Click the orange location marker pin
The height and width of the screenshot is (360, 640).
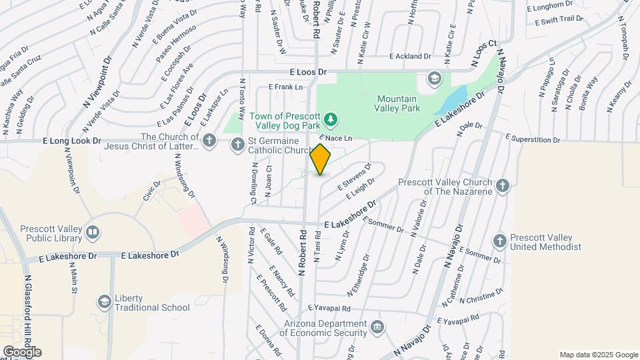[x=321, y=159]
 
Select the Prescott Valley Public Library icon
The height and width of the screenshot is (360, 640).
[x=92, y=232]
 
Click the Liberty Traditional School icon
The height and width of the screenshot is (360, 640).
[x=103, y=303]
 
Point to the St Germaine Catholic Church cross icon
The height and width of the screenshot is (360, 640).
[x=237, y=144]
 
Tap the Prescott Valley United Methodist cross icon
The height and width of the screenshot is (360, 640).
[x=500, y=241]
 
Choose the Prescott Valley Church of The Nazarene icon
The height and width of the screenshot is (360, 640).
[x=502, y=186]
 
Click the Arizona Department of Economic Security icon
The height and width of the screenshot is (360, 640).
[x=377, y=327]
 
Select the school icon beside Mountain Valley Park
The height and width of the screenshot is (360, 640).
[x=434, y=79]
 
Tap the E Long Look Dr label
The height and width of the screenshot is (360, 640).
[x=71, y=141]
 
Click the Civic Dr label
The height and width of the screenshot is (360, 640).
[x=151, y=189]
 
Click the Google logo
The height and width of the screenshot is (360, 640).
[x=22, y=351]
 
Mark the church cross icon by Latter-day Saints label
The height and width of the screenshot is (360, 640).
[x=209, y=139]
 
